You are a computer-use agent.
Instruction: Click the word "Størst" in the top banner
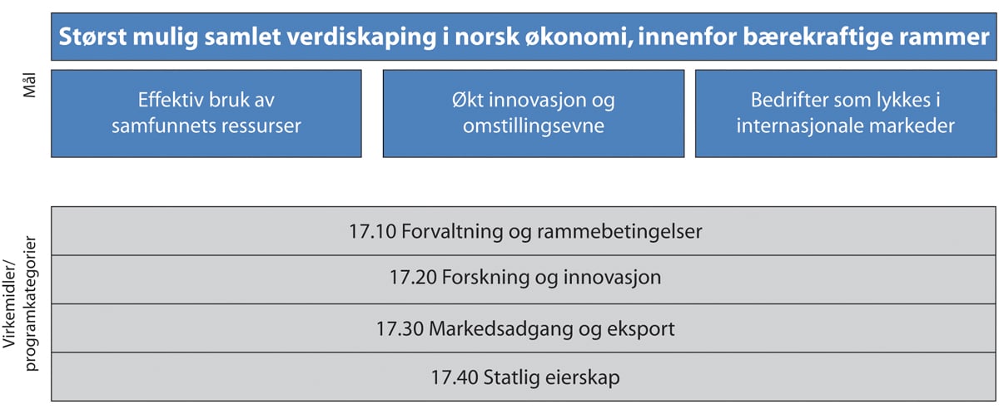tap(92, 36)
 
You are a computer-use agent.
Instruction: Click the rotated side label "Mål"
tap(29, 86)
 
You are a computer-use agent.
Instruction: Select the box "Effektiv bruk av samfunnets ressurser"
tap(206, 114)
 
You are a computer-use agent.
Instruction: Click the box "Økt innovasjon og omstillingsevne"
tap(534, 114)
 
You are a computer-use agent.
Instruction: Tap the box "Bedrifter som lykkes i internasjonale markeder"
tap(846, 114)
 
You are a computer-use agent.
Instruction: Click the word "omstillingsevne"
tap(534, 126)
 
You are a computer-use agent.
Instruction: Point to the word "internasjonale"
tap(800, 126)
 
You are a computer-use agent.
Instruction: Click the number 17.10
tap(372, 232)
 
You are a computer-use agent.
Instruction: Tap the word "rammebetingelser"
tap(619, 232)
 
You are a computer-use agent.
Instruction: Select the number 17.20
tap(414, 278)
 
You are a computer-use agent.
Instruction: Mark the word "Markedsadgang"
tap(501, 329)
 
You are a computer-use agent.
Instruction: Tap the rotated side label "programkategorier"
tap(30, 303)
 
